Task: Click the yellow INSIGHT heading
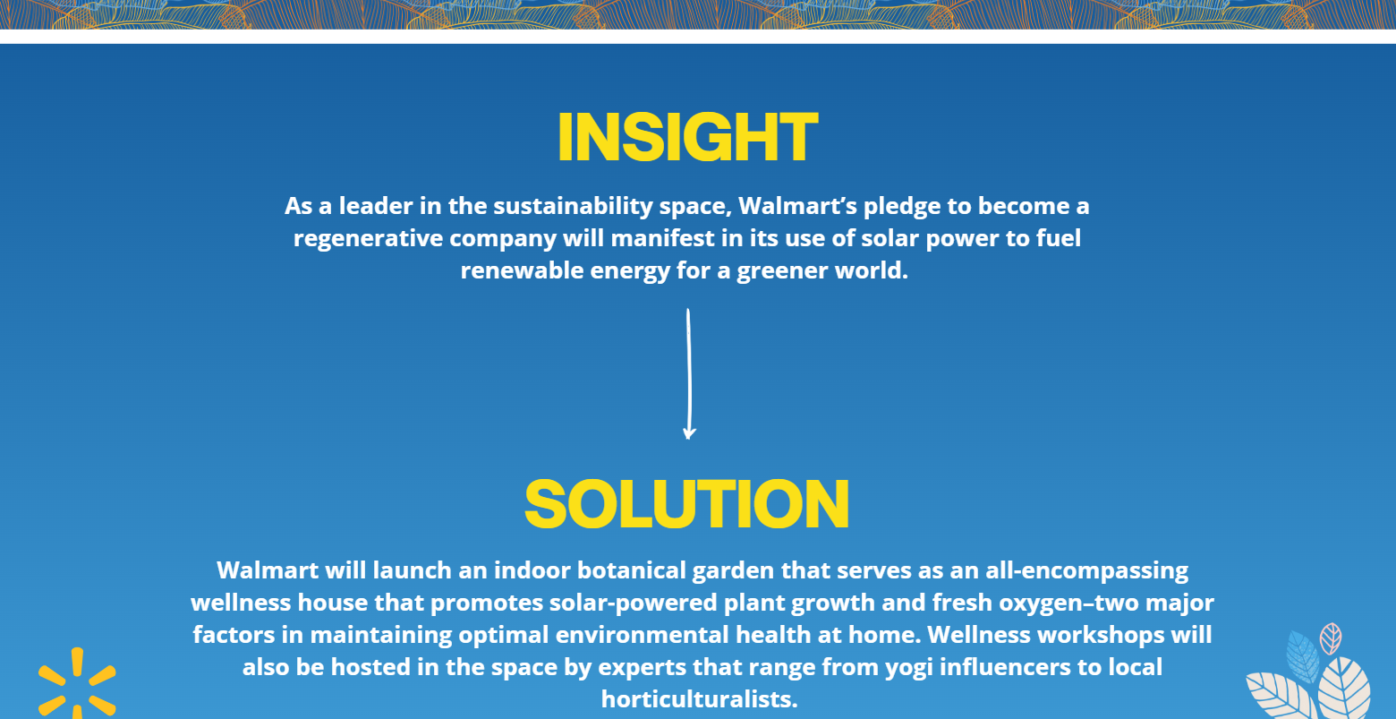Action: pos(687,137)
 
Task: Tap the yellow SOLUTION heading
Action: pos(687,504)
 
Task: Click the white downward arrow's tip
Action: pos(689,439)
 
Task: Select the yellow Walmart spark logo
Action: pos(77,684)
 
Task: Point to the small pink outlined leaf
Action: pos(1331,638)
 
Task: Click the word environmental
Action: pos(642,635)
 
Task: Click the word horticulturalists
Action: pos(699,699)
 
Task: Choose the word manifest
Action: pos(662,238)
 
